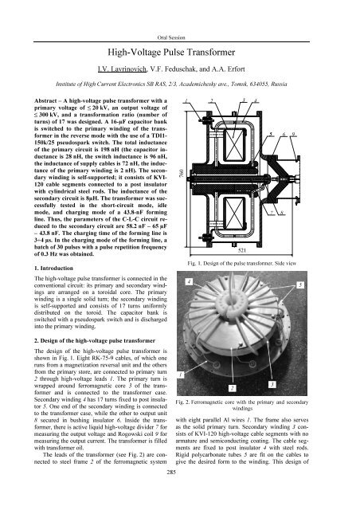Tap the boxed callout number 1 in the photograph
184,374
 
